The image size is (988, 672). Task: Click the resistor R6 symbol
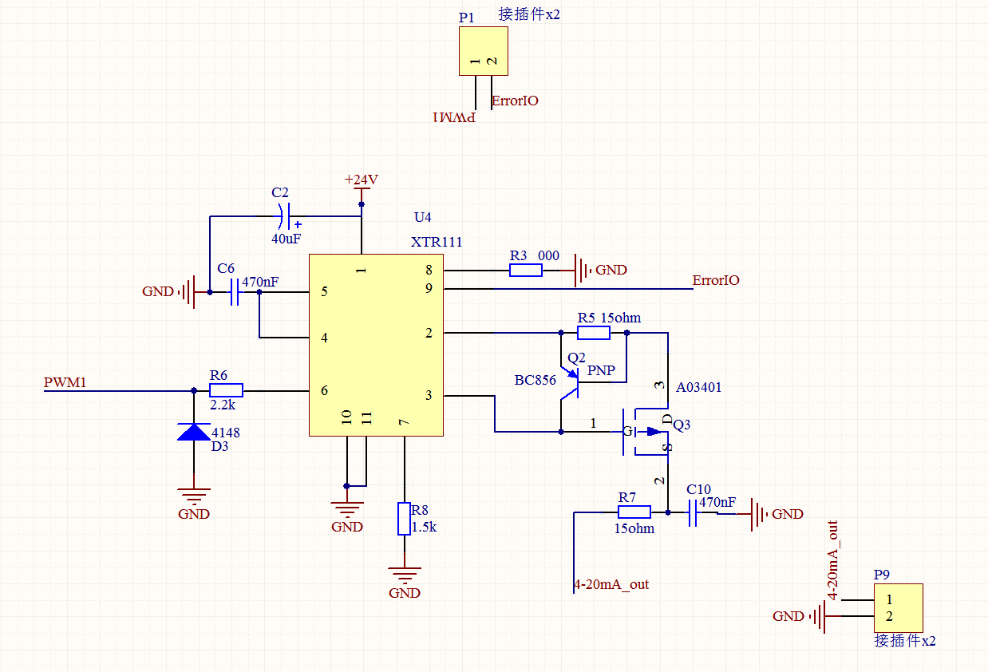(x=226, y=390)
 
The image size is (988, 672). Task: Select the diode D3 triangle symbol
(x=195, y=432)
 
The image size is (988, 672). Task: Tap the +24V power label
(x=361, y=180)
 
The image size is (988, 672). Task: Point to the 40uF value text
(x=287, y=238)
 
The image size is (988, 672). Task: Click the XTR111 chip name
(x=436, y=243)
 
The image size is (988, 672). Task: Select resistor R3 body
(x=526, y=271)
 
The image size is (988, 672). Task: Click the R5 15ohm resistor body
(x=593, y=332)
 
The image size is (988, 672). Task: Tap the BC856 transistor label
(x=535, y=380)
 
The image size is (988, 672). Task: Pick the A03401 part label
(x=698, y=388)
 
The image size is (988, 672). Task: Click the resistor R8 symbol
(x=405, y=519)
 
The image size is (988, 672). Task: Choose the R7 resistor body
(x=634, y=512)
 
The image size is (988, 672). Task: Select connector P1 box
(x=484, y=51)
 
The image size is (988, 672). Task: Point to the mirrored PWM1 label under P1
(x=454, y=117)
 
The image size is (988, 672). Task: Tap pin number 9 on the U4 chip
(x=429, y=288)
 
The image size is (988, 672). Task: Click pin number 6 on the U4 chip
(x=324, y=390)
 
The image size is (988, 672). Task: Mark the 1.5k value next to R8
(x=425, y=528)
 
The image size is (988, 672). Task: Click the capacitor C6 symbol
(x=235, y=293)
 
